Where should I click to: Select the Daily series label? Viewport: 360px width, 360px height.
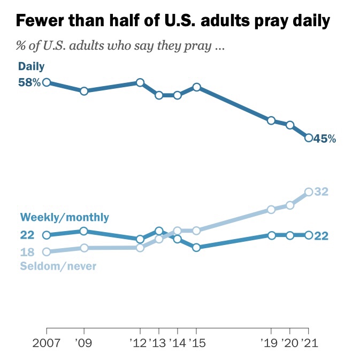point(31,66)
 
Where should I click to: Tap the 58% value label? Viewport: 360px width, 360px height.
point(29,82)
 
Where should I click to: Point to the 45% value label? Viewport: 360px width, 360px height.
point(325,139)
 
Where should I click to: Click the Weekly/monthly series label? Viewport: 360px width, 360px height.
point(64,217)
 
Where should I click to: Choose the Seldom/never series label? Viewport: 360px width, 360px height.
point(58,265)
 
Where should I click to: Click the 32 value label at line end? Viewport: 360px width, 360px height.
point(321,192)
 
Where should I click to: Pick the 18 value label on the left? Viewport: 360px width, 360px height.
point(27,252)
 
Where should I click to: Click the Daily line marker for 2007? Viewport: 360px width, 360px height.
point(47,82)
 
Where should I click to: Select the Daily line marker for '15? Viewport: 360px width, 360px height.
point(196,87)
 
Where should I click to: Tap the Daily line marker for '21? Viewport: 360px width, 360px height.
point(309,138)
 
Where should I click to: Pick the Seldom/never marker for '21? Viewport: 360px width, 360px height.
point(309,192)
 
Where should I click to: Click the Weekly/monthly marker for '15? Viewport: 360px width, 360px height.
point(196,248)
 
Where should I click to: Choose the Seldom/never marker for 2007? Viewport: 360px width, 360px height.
point(47,252)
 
